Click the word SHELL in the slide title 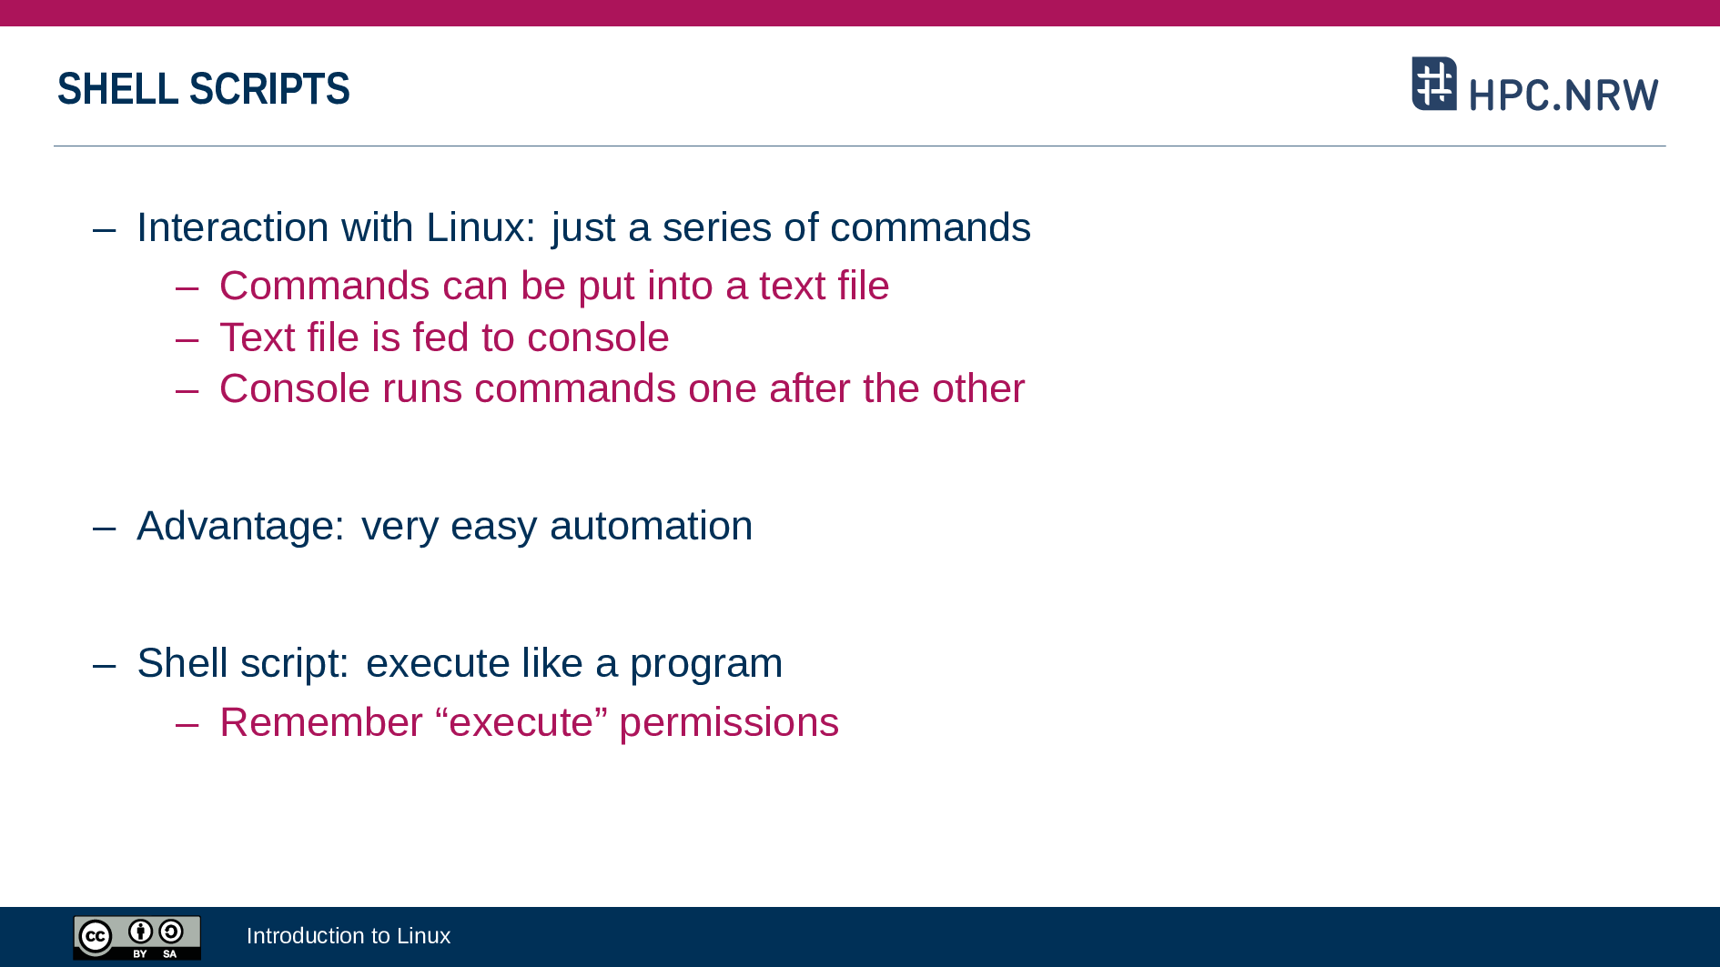pos(117,89)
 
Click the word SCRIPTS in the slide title pos(269,89)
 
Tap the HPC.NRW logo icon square pos(1434,84)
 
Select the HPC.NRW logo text pos(1563,95)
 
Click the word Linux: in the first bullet pos(481,227)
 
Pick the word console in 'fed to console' pos(598,338)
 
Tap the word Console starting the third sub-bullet pos(295,388)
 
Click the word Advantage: pos(241,526)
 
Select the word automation pos(651,526)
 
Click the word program pos(706,664)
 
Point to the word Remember pos(321,722)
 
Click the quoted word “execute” pos(521,722)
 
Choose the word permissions pos(729,723)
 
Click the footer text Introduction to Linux pos(349,936)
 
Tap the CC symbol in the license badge pos(96,936)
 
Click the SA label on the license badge pos(170,954)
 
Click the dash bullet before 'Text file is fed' pos(187,339)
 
